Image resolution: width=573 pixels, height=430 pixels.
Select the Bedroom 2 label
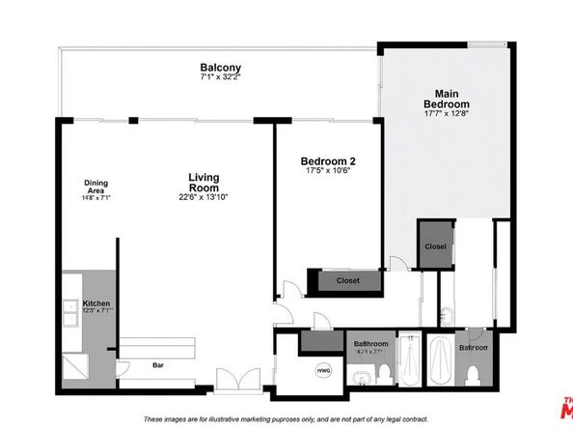pos(329,161)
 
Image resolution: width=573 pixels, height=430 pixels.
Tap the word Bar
pos(157,366)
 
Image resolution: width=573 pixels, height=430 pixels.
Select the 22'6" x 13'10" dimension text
pos(203,197)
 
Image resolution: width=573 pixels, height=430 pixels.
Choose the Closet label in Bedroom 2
pos(348,280)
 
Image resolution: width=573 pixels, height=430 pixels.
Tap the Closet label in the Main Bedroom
pos(435,246)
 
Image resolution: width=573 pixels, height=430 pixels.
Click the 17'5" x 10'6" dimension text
pos(329,172)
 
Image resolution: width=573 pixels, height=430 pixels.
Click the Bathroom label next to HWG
pos(370,344)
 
